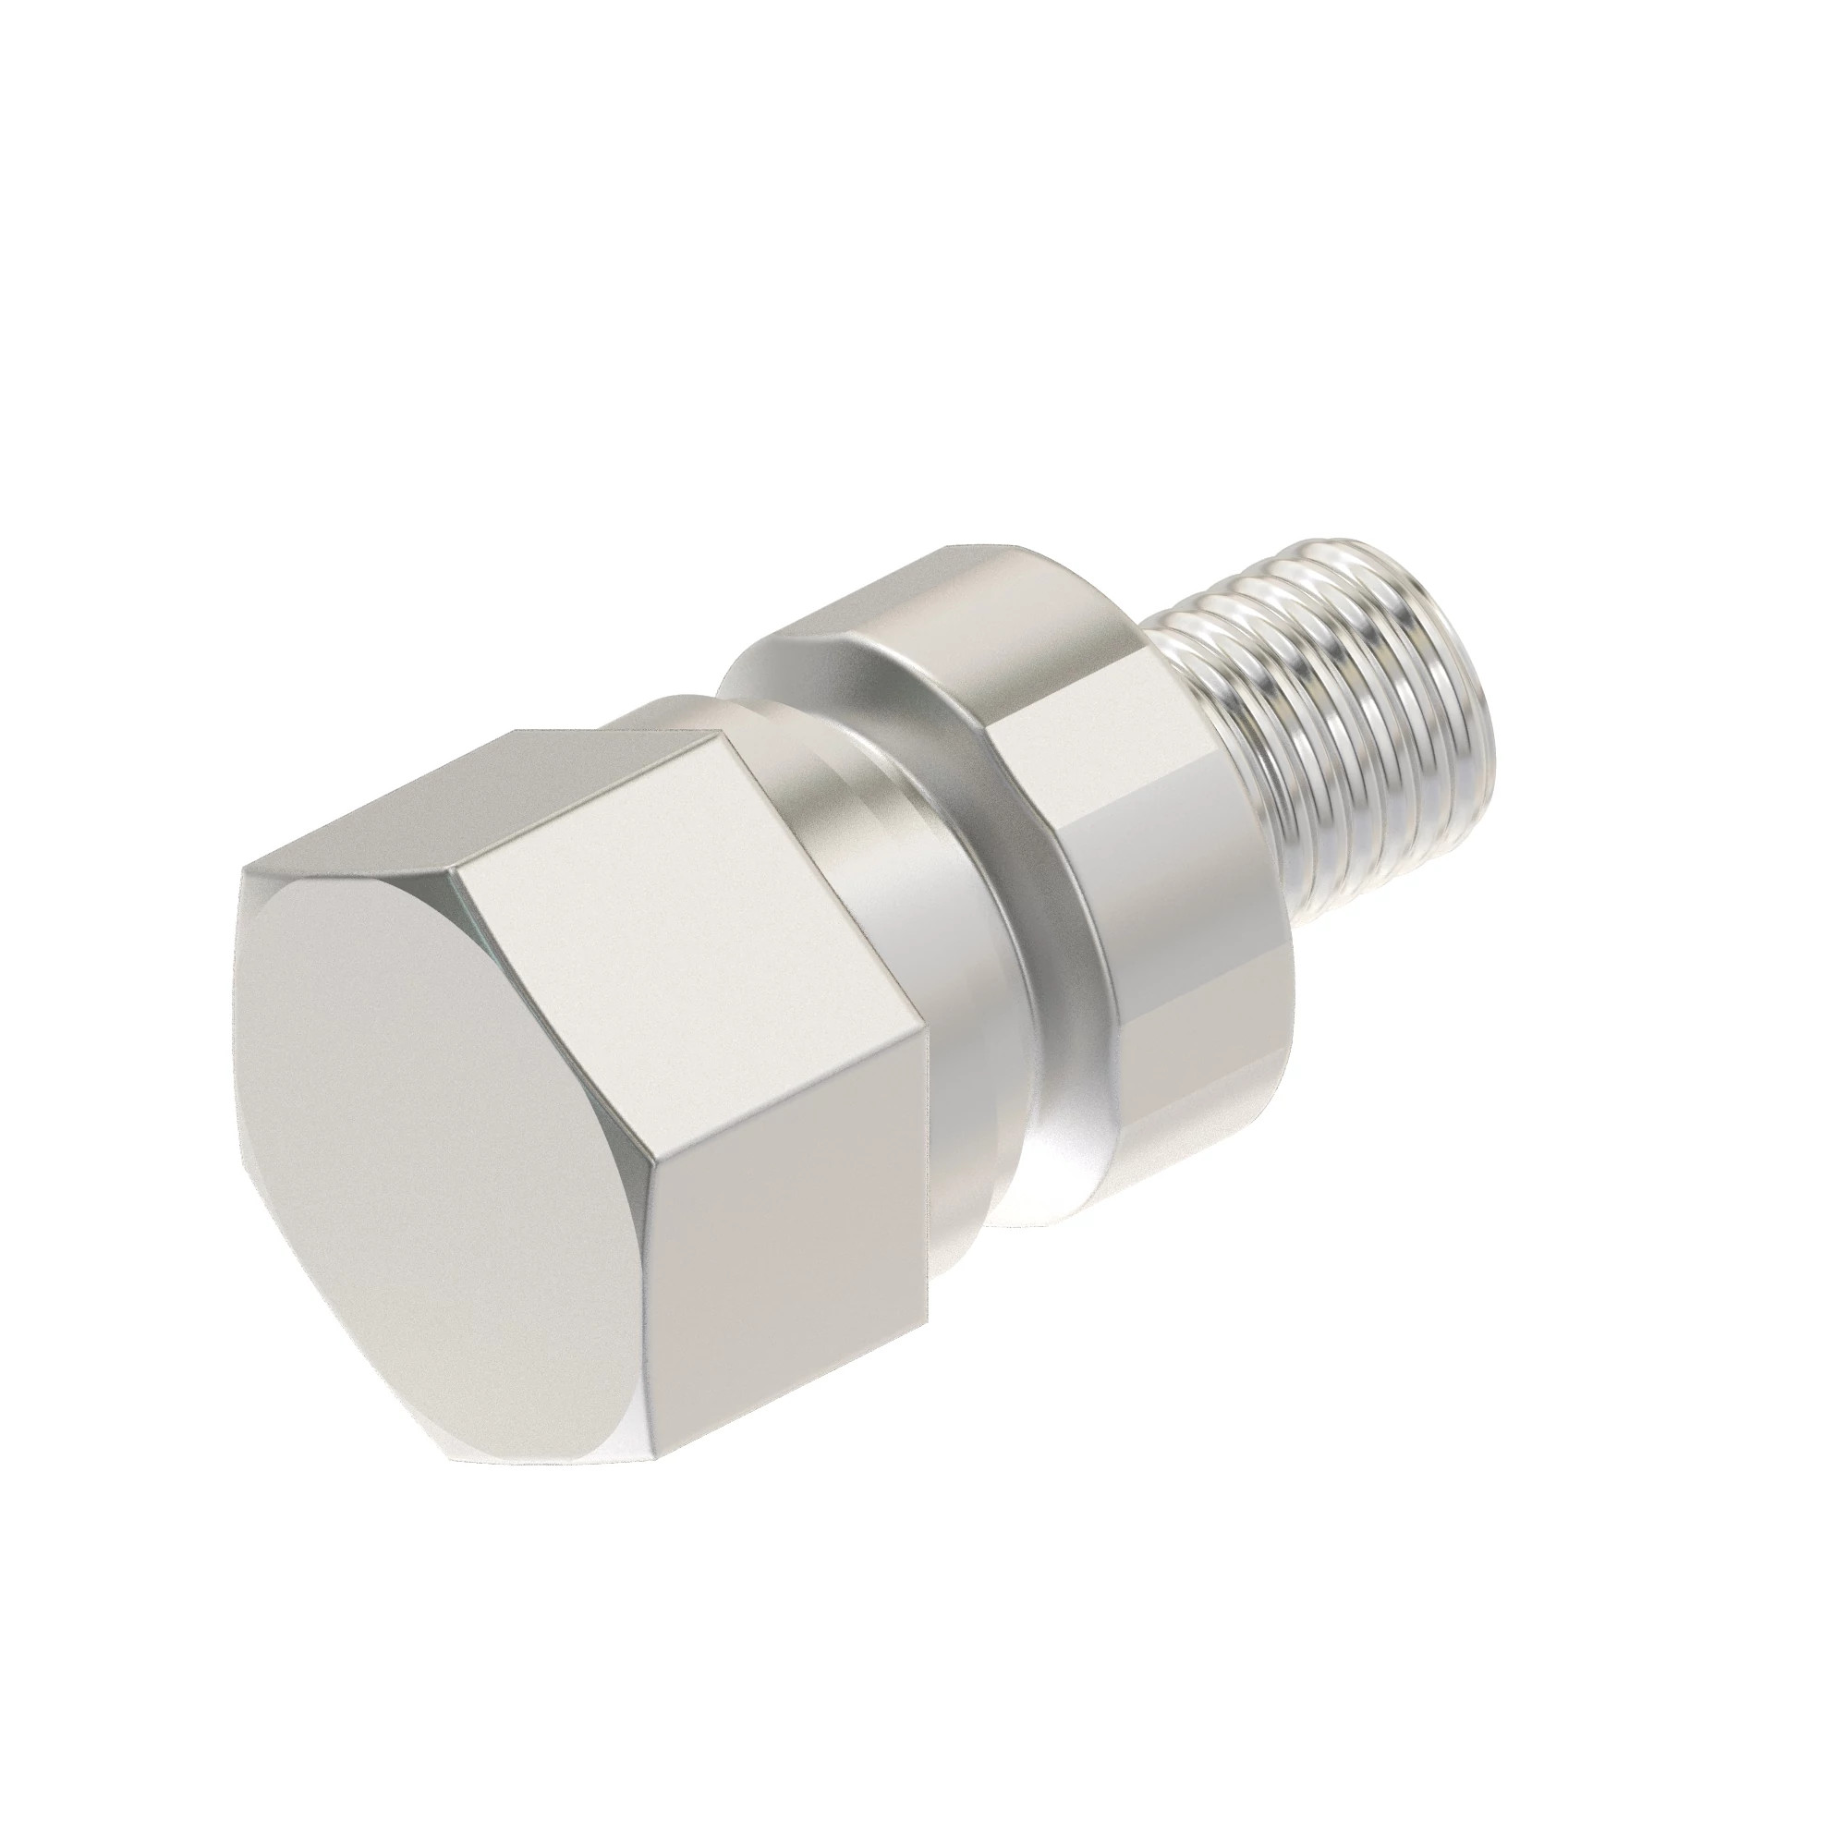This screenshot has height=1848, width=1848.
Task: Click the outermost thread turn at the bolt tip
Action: pyautogui.click(x=1435, y=650)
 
